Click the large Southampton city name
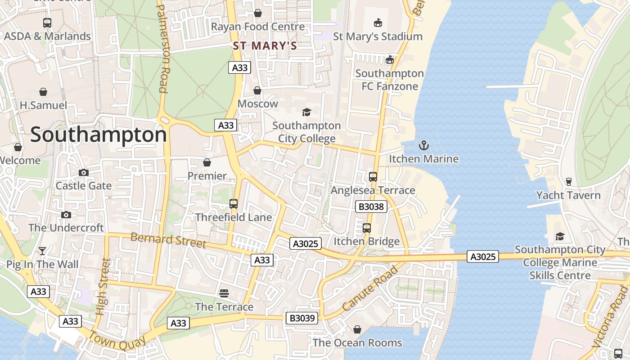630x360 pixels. [99, 135]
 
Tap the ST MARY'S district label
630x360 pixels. [265, 46]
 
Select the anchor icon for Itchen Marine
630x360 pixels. [423, 145]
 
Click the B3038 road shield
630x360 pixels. [371, 207]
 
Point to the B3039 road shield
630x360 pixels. [302, 318]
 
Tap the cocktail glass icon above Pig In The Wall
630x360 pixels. [42, 251]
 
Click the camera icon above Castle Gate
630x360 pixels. [83, 172]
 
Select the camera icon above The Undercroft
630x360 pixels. [66, 215]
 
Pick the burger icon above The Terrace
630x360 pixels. [224, 293]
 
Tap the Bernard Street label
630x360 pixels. [168, 240]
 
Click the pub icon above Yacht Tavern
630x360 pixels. [568, 182]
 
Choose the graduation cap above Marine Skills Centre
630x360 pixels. [560, 236]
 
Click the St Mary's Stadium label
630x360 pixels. [378, 36]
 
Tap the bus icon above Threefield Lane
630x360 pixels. [233, 204]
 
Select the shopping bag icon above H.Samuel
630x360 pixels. [43, 92]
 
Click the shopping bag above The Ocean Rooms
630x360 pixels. [357, 330]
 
